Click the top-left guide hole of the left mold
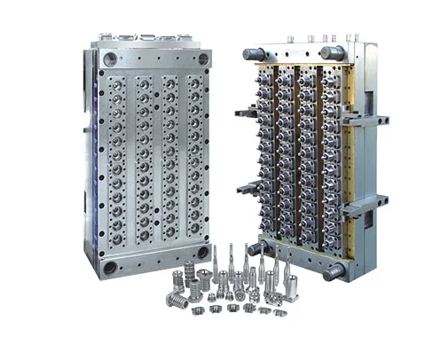[108, 59]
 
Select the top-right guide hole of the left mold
[203, 59]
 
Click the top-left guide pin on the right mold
[251, 55]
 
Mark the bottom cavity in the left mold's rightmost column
[194, 241]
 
